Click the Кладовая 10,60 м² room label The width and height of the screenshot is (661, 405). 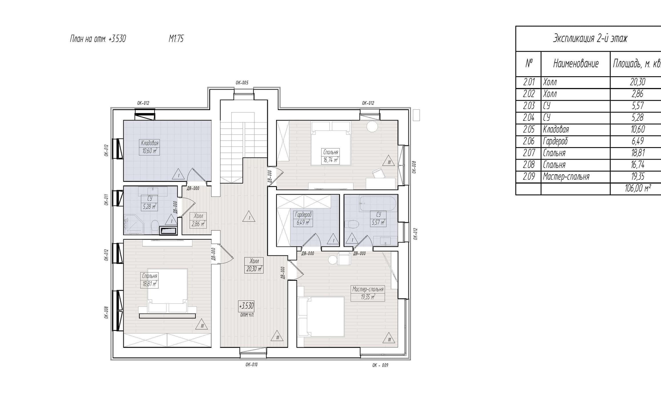[x=149, y=147]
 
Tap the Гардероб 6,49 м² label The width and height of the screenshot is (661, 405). [x=303, y=219]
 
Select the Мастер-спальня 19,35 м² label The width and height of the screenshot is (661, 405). [x=368, y=293]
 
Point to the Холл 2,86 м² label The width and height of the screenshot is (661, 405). [x=198, y=220]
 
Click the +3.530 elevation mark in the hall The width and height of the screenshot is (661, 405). [x=246, y=306]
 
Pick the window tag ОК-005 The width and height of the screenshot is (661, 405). [x=242, y=83]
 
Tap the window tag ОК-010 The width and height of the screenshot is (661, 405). [x=252, y=365]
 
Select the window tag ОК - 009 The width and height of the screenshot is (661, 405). [x=380, y=365]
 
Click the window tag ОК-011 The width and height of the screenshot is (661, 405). [x=106, y=200]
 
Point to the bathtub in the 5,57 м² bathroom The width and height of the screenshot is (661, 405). [x=377, y=203]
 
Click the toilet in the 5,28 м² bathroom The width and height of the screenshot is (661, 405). [x=154, y=226]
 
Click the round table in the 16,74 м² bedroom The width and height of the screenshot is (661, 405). [x=372, y=126]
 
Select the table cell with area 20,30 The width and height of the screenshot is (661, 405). [x=638, y=82]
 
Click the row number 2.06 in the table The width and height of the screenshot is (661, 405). [x=529, y=141]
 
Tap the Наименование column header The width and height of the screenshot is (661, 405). [x=576, y=64]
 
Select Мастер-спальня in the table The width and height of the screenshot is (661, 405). [x=566, y=177]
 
